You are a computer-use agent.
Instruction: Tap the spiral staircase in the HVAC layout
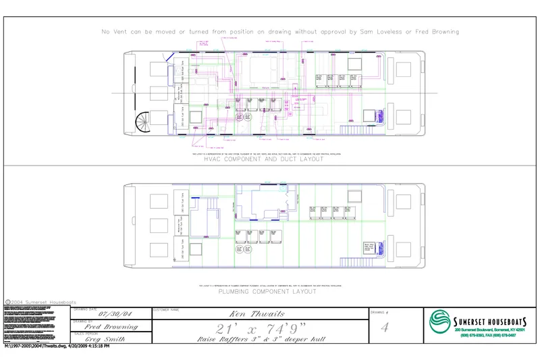pos(144,124)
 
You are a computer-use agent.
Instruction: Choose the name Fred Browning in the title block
pos(112,327)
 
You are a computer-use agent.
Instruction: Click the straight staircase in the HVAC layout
pos(354,129)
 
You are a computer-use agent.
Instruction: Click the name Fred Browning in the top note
pos(436,32)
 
